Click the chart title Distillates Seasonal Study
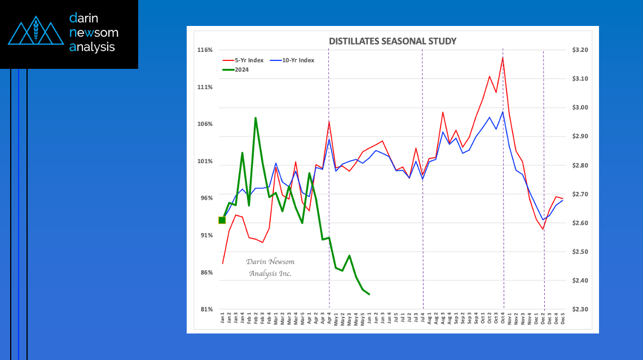393,41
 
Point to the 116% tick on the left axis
205,50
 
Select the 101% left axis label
205,161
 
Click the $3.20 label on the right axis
580,50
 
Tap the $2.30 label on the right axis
580,310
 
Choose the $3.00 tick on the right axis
580,108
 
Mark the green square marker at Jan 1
222,220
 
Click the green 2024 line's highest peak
256,118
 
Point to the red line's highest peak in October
503,57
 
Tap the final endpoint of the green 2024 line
369,294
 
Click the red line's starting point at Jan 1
223,264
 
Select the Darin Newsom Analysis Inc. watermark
270,267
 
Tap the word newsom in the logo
94,33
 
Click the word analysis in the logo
92,47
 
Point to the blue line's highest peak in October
503,112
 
